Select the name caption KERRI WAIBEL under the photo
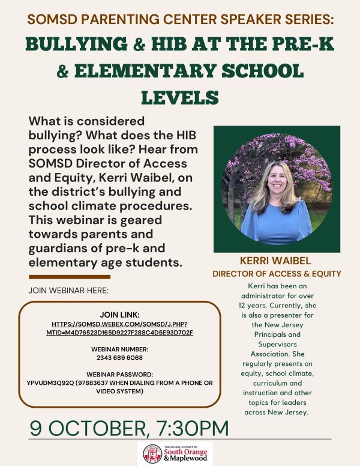(x=277, y=262)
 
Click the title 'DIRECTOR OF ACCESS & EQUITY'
(x=277, y=274)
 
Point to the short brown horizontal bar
(x=69, y=277)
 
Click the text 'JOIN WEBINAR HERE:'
(x=66, y=291)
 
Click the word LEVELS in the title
(x=179, y=96)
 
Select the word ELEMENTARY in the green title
(x=174, y=71)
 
